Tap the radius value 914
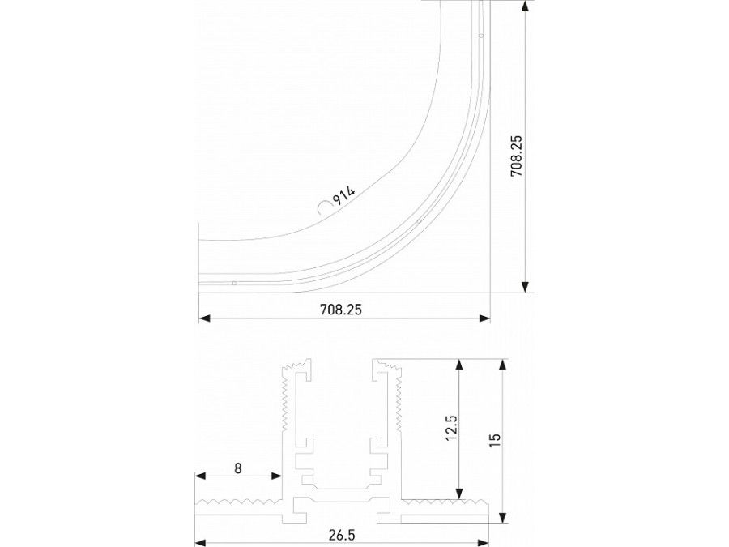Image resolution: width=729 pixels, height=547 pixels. (x=344, y=195)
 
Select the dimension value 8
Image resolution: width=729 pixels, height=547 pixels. (x=237, y=468)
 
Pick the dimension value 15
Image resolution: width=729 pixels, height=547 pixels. (x=496, y=440)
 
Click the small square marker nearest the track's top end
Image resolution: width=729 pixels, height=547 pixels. (x=480, y=36)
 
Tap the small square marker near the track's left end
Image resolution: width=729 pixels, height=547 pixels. (x=234, y=283)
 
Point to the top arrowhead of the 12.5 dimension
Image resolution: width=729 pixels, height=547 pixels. (x=459, y=364)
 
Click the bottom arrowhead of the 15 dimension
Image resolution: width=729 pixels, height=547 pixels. (x=503, y=518)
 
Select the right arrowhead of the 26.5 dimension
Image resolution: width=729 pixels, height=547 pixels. (x=486, y=543)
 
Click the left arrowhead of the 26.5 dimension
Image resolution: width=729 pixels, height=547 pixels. (x=200, y=543)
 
